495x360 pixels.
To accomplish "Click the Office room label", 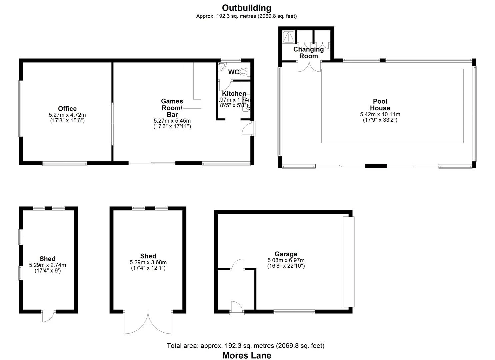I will (x=67, y=109).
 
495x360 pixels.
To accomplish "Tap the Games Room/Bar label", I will (x=172, y=108).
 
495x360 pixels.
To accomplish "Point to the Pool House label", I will (x=380, y=105).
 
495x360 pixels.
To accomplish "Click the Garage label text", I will (x=286, y=254).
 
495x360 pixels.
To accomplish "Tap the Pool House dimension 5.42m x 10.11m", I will (x=380, y=114).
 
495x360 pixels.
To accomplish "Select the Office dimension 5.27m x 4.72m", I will (x=67, y=115).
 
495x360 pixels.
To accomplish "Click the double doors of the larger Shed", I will (x=148, y=322).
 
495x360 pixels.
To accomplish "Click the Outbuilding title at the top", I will (x=247, y=8).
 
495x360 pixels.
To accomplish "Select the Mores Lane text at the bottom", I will (x=247, y=356).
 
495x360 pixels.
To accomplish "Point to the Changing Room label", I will (x=308, y=53).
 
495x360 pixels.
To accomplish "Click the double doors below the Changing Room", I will (x=309, y=66).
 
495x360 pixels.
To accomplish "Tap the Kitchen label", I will (x=234, y=94).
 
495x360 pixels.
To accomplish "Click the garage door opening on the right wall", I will (x=348, y=262).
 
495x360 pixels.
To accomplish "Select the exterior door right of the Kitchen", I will (x=248, y=128).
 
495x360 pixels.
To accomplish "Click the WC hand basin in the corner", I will (x=221, y=67).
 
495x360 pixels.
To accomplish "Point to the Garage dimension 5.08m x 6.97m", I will (x=286, y=260).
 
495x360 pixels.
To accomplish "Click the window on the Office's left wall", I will (x=20, y=108).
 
